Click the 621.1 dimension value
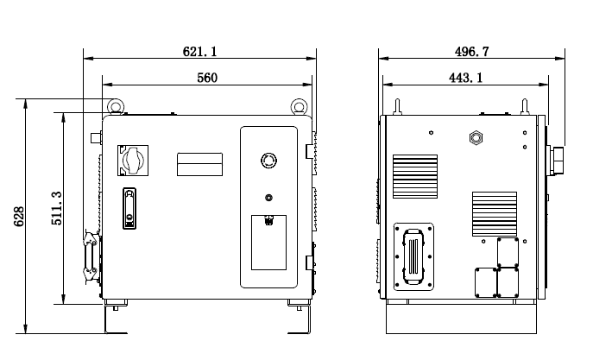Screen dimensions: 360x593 coord(199,52)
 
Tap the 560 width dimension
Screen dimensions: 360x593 coord(206,78)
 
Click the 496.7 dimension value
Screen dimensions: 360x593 coord(471,52)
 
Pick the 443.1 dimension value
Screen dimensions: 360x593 coord(466,78)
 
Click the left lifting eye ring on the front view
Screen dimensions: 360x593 coord(113,106)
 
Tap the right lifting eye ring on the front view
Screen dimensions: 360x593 coord(299,106)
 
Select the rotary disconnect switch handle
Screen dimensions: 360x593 coord(134,159)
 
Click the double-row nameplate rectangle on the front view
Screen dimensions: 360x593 coord(200,164)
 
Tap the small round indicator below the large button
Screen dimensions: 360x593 coord(268,197)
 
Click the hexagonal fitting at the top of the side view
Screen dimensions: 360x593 coord(473,137)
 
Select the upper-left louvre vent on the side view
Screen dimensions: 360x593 coord(415,174)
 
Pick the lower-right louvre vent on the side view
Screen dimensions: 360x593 coord(494,213)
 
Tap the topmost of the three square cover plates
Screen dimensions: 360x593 coord(508,252)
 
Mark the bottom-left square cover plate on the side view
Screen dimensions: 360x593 coord(486,282)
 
